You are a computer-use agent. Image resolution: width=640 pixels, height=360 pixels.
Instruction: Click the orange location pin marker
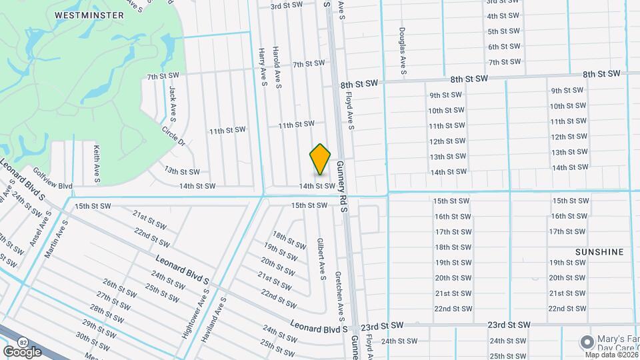tap(321, 159)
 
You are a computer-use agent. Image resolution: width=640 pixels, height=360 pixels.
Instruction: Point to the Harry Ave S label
tap(263, 67)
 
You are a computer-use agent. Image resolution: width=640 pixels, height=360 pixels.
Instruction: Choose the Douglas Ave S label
tap(403, 51)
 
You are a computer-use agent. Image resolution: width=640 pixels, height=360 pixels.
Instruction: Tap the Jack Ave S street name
tap(172, 103)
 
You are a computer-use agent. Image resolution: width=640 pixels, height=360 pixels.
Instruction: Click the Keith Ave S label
tap(97, 164)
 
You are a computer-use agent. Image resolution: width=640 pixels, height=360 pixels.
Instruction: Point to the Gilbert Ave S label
tap(321, 259)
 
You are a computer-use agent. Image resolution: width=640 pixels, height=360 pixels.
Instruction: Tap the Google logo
tap(22, 351)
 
